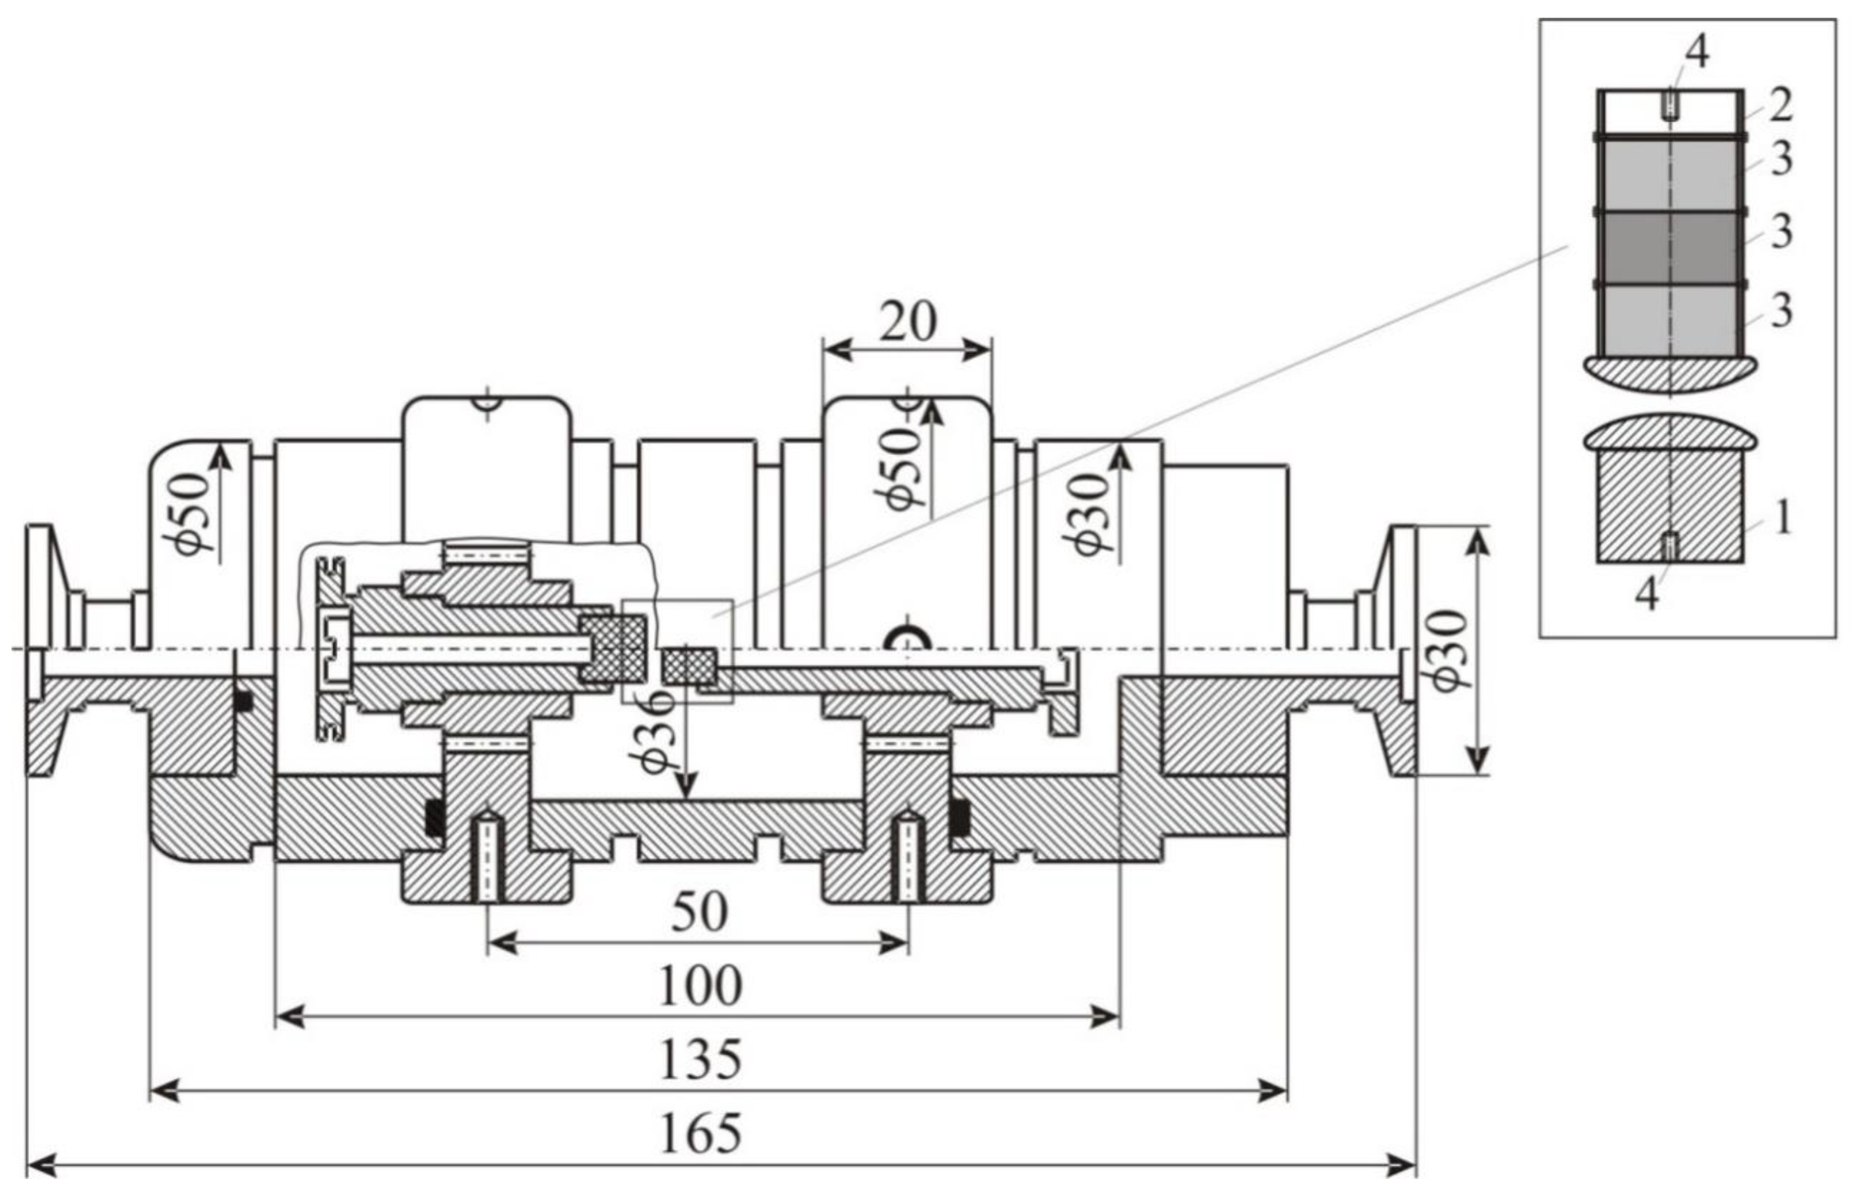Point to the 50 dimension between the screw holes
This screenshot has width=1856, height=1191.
pyautogui.click(x=699, y=912)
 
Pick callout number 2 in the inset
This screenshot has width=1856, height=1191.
pyautogui.click(x=1780, y=106)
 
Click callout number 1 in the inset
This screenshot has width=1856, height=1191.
pyautogui.click(x=1782, y=519)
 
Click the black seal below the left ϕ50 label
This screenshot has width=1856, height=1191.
pyautogui.click(x=243, y=701)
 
